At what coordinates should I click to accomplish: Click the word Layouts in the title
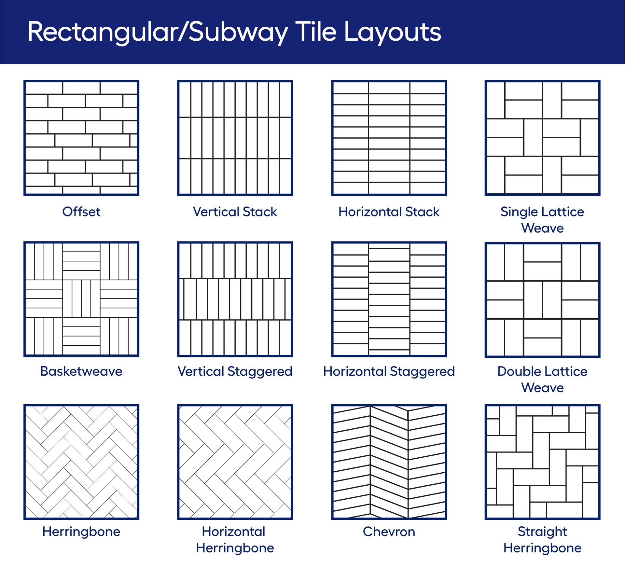pos(392,33)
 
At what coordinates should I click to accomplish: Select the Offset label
pos(81,212)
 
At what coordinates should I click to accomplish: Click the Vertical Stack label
pos(235,212)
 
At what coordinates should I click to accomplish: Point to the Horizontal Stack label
pos(389,212)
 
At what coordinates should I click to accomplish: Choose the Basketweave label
pos(81,371)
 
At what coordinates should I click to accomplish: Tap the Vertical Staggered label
pos(235,371)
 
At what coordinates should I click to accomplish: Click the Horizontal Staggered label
pos(389,371)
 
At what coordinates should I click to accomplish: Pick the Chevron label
pos(389,532)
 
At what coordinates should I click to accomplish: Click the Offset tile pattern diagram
pos(81,138)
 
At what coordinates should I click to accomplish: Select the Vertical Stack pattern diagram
pos(235,138)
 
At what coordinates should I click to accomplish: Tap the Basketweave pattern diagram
pos(81,299)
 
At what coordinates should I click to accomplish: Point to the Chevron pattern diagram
pos(389,462)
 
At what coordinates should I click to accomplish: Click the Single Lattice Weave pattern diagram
pos(542,138)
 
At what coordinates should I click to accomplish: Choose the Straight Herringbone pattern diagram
pos(542,462)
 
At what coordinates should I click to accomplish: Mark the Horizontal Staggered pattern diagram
pos(389,299)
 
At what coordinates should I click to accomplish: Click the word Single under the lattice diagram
pos(517,212)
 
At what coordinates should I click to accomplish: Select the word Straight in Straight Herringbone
pos(542,532)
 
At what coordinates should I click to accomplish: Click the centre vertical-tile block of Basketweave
pos(81,298)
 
